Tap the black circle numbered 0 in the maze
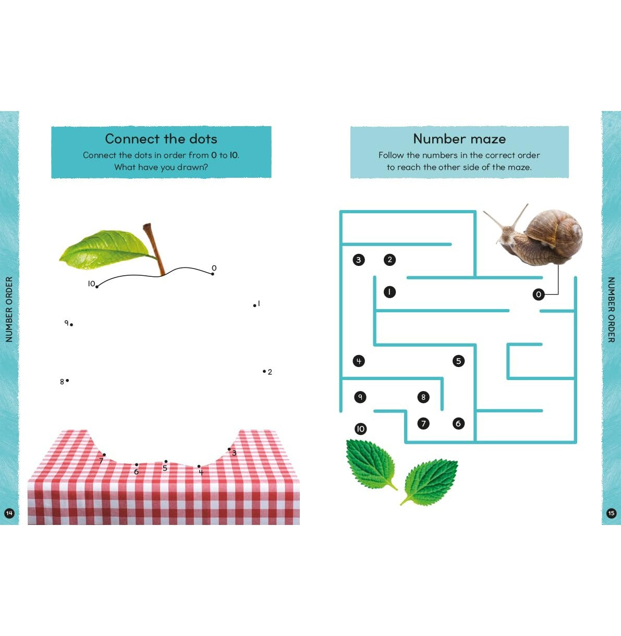538,295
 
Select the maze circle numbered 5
458,361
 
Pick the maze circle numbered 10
360,429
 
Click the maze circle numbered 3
359,260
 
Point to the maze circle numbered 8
423,397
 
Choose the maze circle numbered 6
458,424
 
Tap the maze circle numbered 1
389,292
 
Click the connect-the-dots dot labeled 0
213,274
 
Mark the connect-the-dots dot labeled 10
97,287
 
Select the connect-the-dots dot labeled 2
264,371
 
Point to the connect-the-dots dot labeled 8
67,381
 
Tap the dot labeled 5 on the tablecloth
166,461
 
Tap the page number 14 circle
9,513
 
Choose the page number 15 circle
611,513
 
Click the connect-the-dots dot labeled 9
71,325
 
